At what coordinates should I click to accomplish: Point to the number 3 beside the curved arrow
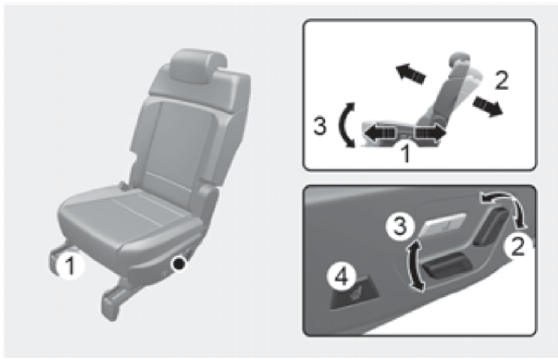pyautogui.click(x=320, y=126)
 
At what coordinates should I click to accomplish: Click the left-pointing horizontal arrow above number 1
pyautogui.click(x=379, y=134)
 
